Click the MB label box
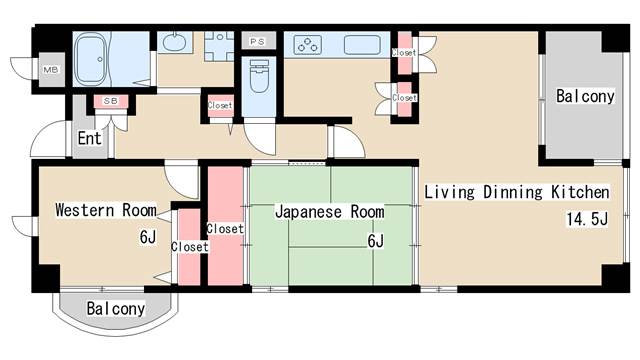point(49,71)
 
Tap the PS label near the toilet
point(257,42)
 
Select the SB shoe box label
point(107,101)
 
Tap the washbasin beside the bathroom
point(174,43)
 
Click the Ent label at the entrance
point(90,139)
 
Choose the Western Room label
point(105,210)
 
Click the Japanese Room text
point(329,212)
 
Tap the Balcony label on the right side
point(585,97)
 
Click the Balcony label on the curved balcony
point(115,308)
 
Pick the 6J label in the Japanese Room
point(375,240)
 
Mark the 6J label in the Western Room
point(148,237)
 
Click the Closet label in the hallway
point(220,104)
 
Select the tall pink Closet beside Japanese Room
point(225,228)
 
